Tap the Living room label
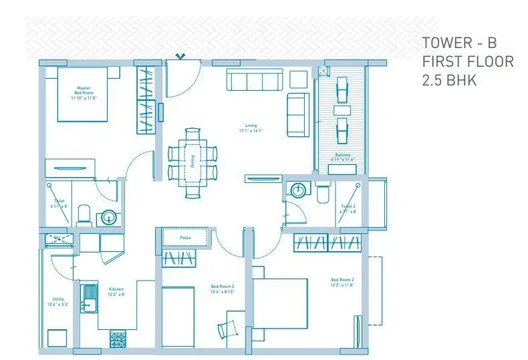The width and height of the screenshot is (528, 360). (x=251, y=128)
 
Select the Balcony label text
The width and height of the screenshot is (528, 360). (x=343, y=158)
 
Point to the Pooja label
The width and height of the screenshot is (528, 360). (x=185, y=237)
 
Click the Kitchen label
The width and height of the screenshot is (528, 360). (x=116, y=292)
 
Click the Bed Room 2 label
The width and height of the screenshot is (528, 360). (x=342, y=282)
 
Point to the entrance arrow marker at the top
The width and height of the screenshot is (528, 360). (x=178, y=57)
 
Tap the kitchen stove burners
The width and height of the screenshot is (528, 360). (x=119, y=339)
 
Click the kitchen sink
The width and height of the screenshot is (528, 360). (x=87, y=298)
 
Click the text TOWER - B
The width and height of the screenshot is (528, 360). (x=459, y=43)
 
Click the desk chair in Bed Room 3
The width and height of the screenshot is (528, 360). (x=229, y=327)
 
